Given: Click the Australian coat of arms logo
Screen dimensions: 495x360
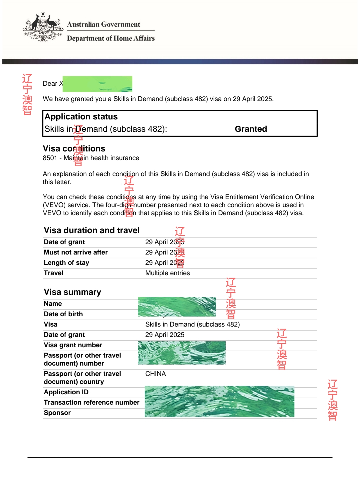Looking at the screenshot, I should [43, 27].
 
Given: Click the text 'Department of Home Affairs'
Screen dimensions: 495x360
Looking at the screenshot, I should [111, 38].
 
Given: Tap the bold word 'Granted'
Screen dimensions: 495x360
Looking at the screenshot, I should [251, 129].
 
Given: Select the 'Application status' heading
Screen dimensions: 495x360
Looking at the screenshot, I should [81, 117].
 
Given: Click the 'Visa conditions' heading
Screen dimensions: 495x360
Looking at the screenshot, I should [74, 149].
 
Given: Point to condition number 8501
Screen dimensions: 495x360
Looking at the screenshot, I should [50, 158].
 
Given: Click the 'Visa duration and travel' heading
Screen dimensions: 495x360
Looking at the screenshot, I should [92, 230].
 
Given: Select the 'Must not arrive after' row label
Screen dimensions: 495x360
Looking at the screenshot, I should [76, 253].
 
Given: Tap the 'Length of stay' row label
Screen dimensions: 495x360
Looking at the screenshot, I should [66, 263].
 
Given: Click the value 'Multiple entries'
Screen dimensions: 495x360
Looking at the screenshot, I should [167, 273].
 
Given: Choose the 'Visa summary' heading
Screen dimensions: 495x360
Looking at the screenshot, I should [72, 292].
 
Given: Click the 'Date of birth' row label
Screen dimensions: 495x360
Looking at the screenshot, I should [63, 314].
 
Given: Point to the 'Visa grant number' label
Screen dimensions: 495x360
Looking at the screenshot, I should [73, 345].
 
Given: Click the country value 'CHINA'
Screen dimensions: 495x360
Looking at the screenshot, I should [155, 374].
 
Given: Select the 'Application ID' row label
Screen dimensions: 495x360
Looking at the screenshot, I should [66, 392].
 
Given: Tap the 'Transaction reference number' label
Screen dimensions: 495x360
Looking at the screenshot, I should [91, 403].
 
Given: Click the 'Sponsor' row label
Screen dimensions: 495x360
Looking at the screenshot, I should [57, 413].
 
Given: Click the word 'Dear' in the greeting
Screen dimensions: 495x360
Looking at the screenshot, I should [50, 84].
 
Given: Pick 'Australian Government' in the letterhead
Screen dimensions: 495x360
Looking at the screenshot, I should [103, 24].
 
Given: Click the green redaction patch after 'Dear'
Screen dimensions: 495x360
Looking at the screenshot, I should [97, 84].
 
